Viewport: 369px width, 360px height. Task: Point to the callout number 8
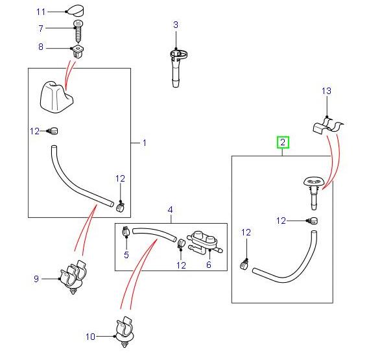click(x=42, y=47)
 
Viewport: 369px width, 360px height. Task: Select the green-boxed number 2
click(x=282, y=141)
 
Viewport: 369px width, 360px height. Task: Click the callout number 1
click(x=144, y=143)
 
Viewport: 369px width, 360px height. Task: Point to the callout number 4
click(x=171, y=210)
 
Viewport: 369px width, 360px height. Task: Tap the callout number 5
click(x=127, y=256)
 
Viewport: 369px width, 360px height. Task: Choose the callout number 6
click(x=209, y=265)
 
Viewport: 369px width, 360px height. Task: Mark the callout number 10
click(x=90, y=336)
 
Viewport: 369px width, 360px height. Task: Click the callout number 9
click(x=36, y=279)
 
